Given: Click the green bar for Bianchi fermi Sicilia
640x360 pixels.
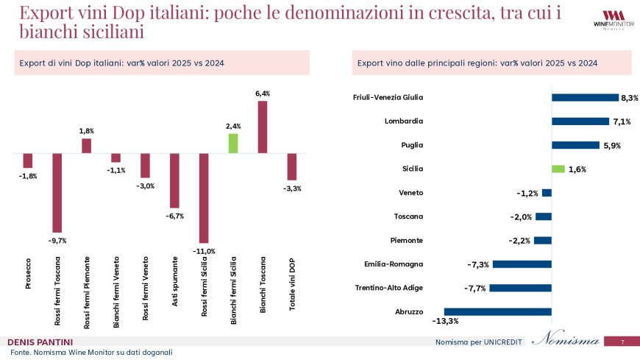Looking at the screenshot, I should coord(233,143).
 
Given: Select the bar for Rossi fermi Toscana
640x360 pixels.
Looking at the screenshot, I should coord(57,192).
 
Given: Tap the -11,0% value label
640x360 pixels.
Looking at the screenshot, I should coord(204,251).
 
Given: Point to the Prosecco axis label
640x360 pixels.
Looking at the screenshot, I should coord(28,272).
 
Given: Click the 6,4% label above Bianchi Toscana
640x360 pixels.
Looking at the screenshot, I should coord(263,93).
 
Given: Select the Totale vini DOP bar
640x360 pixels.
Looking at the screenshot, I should coord(292,166).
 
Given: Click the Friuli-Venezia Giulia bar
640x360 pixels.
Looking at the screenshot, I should coord(585,97).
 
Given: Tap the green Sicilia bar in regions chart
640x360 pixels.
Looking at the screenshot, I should coord(558,169).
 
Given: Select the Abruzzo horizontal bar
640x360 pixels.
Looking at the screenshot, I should coord(497,311).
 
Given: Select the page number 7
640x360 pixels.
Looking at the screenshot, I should coord(622,342).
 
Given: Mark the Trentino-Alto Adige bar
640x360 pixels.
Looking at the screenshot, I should coord(520,288).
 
